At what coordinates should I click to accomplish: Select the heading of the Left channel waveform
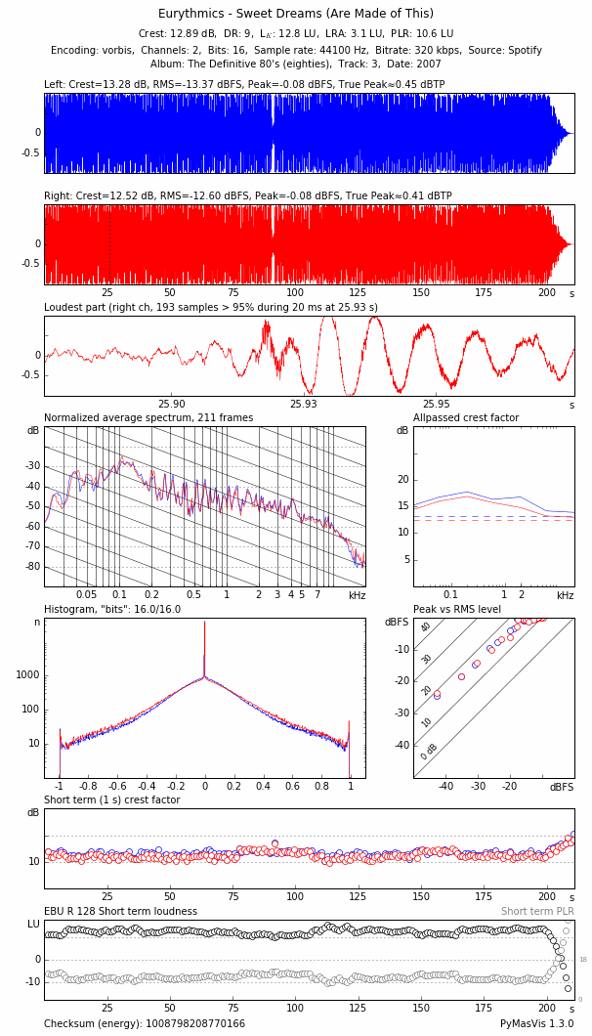[x=244, y=85]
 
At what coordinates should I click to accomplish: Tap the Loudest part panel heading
[x=211, y=307]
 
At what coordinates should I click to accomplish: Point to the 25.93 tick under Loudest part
[x=304, y=404]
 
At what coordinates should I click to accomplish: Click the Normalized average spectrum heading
[x=148, y=418]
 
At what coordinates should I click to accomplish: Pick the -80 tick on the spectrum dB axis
[x=33, y=567]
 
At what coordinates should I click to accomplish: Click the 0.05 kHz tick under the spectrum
[x=87, y=594]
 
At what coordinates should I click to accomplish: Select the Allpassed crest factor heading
[x=466, y=418]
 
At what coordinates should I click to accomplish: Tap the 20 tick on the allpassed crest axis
[x=402, y=480]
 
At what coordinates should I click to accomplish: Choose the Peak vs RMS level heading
[x=457, y=610]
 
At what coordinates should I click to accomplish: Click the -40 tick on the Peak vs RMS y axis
[x=402, y=746]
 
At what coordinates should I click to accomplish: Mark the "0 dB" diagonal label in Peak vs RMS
[x=429, y=751]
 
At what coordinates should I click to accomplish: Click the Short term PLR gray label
[x=537, y=912]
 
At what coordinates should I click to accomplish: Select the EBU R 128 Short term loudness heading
[x=120, y=912]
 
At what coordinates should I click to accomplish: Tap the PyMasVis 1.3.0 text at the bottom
[x=537, y=1024]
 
